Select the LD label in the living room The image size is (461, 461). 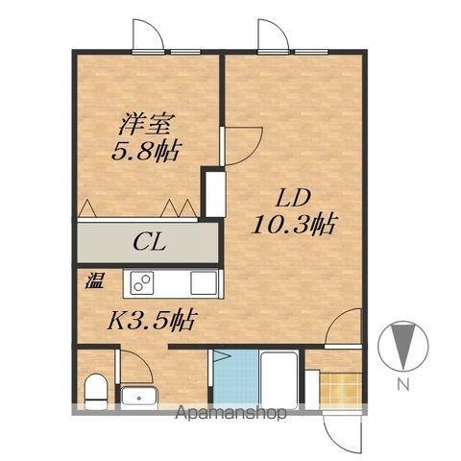tap(294, 199)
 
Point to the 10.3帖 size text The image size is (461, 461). tap(294, 224)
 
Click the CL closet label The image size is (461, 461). tap(150, 243)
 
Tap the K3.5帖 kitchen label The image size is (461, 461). tap(152, 320)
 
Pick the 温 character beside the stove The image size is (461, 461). tap(94, 280)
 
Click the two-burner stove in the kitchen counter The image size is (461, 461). tap(142, 283)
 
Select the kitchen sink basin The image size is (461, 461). tap(204, 282)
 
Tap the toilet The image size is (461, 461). tap(96, 391)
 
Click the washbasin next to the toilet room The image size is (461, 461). tap(139, 398)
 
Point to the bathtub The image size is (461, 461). tap(278, 380)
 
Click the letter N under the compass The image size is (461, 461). tap(403, 383)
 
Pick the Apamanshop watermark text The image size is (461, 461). tap(230, 413)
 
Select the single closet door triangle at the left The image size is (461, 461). tap(87, 208)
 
